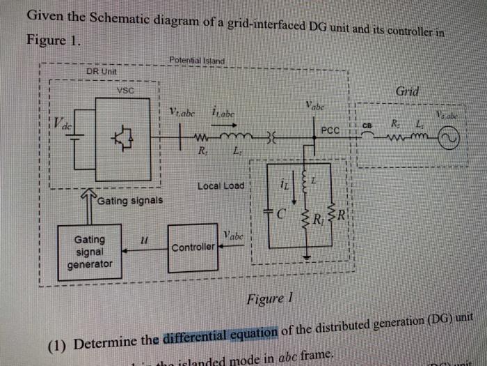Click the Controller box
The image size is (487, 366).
(193, 247)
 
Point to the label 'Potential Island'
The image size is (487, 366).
(196, 61)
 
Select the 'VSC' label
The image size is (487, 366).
(125, 90)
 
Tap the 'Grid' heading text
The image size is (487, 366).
(407, 92)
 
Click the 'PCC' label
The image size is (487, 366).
(330, 130)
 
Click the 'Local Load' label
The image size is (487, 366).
(221, 186)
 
